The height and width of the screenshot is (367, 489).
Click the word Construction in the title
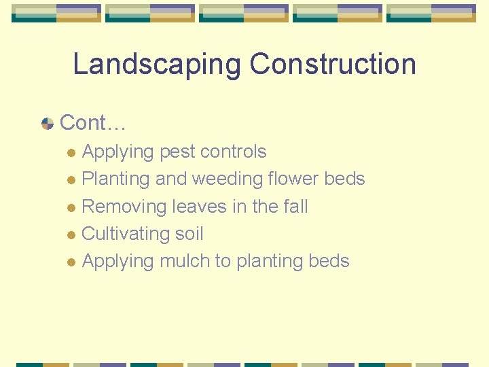click(x=333, y=65)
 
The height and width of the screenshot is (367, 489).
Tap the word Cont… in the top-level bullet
click(x=93, y=123)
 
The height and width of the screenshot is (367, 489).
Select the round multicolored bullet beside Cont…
click(x=48, y=124)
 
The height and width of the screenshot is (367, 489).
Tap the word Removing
click(x=124, y=207)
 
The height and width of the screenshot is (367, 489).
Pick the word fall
click(x=293, y=207)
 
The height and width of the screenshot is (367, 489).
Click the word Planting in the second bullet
click(x=115, y=179)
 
